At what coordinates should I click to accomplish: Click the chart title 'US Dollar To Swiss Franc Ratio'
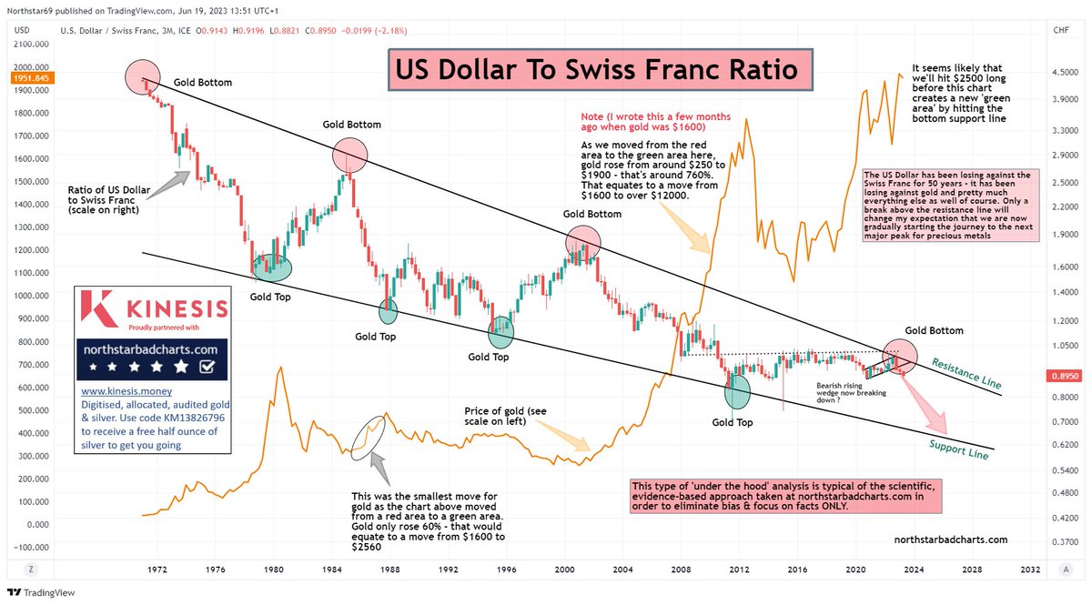click(x=594, y=70)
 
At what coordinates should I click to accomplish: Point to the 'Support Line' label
click(x=958, y=446)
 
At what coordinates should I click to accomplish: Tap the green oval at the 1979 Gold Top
click(x=272, y=267)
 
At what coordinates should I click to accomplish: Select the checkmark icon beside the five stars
click(x=206, y=367)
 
